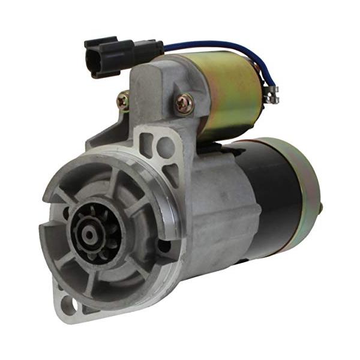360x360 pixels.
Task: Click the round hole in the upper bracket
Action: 166,146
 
